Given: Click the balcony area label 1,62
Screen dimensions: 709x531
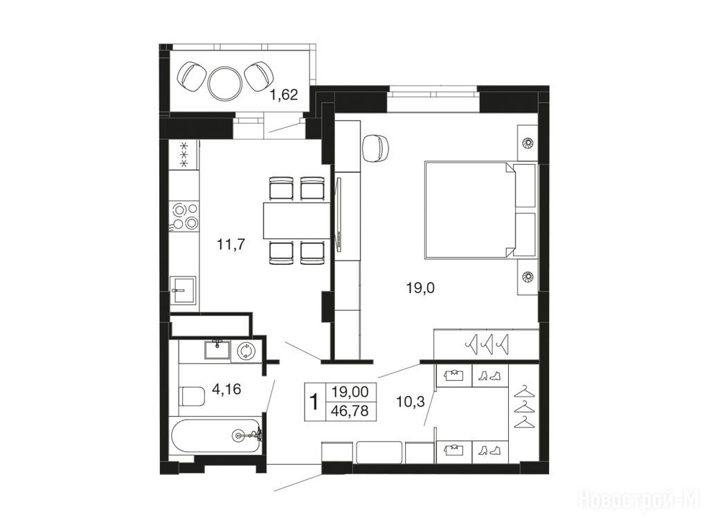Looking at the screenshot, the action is [x=283, y=95].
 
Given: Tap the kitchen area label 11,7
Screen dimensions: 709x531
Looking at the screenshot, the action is [x=231, y=245].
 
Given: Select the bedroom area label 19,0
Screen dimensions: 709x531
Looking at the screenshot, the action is [x=420, y=288].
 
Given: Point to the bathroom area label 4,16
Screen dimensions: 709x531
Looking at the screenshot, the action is [x=226, y=389].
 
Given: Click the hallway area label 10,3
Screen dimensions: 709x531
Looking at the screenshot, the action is [x=410, y=401].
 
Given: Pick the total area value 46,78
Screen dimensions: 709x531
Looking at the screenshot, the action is [x=350, y=411].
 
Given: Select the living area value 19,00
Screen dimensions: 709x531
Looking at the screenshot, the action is [x=350, y=391].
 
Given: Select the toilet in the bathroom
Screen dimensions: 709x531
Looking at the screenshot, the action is [x=192, y=396].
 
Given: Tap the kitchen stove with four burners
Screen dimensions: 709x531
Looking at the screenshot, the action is [x=184, y=216].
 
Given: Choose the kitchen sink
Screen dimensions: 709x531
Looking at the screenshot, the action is [x=183, y=290].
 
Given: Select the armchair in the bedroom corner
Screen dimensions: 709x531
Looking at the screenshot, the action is [x=376, y=147].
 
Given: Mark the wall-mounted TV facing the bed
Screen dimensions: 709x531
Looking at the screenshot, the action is [x=339, y=215].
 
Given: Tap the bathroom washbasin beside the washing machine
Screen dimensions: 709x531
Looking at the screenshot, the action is [x=217, y=349].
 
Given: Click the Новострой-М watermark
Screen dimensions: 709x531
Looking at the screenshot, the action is [x=639, y=499].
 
